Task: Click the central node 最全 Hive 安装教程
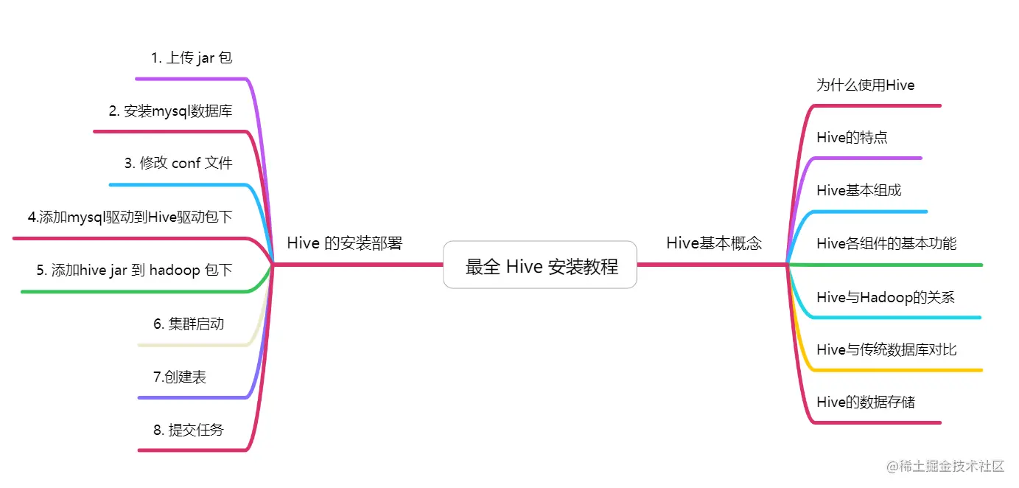(540, 265)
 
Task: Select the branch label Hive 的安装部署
(344, 243)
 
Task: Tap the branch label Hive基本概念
(713, 243)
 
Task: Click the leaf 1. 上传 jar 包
(192, 57)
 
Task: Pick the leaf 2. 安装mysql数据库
(170, 111)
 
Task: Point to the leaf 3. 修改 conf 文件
(178, 164)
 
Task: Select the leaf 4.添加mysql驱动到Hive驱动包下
(130, 217)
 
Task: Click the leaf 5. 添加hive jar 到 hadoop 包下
(134, 271)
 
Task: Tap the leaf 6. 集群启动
(189, 324)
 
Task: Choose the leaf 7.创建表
(180, 377)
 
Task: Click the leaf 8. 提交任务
(188, 430)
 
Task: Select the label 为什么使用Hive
(865, 86)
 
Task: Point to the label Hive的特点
(852, 138)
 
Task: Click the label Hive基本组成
(858, 191)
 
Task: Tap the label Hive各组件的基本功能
(886, 244)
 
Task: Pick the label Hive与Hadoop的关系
(885, 298)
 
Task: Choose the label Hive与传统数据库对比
(886, 350)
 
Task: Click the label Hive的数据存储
(866, 402)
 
